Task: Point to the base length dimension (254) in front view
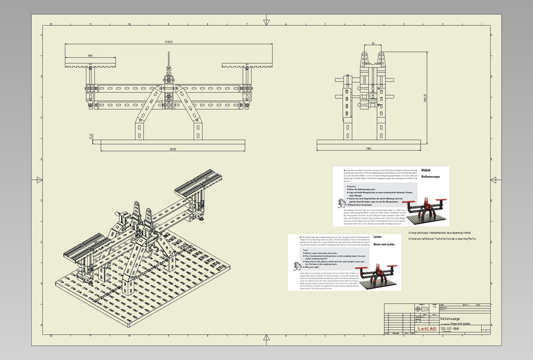click(x=173, y=148)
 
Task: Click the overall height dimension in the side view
click(x=425, y=97)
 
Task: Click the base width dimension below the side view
click(x=368, y=148)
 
